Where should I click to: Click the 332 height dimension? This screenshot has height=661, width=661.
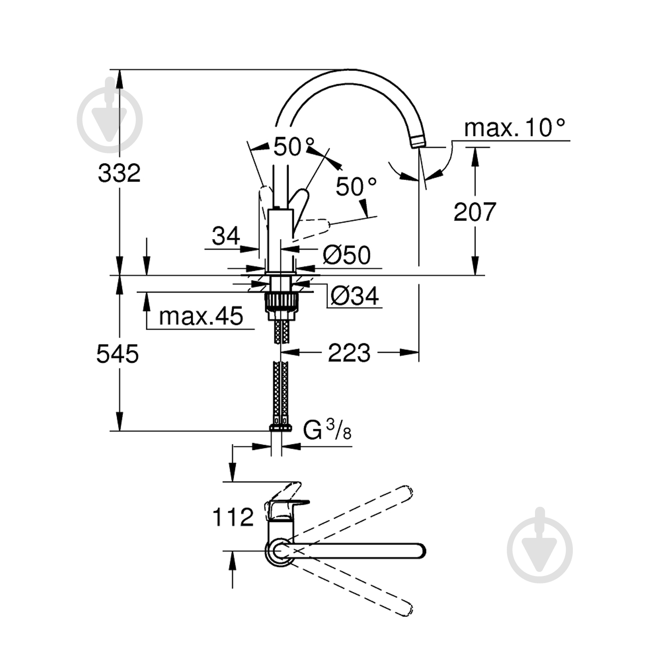coord(119,173)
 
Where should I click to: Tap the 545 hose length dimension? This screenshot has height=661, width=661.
coord(118,354)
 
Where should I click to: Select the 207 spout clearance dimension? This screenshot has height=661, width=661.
coord(475,212)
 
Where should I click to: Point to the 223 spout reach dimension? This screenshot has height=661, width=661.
coord(349,353)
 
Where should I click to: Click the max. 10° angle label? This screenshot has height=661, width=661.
coord(514,128)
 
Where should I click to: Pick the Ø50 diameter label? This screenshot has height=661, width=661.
coord(346,255)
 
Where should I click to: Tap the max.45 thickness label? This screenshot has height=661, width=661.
coord(201,316)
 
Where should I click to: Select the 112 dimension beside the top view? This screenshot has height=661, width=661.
coord(233,517)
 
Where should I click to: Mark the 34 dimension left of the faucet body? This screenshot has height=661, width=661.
coord(226,236)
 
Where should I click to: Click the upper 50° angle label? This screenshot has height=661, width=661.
coord(294,147)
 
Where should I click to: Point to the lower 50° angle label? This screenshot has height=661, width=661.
coord(356,187)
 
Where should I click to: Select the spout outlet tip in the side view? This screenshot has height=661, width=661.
coord(417,142)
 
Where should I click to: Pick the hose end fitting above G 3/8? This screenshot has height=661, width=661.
coord(280,427)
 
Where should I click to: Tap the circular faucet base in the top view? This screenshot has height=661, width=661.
coord(278,551)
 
